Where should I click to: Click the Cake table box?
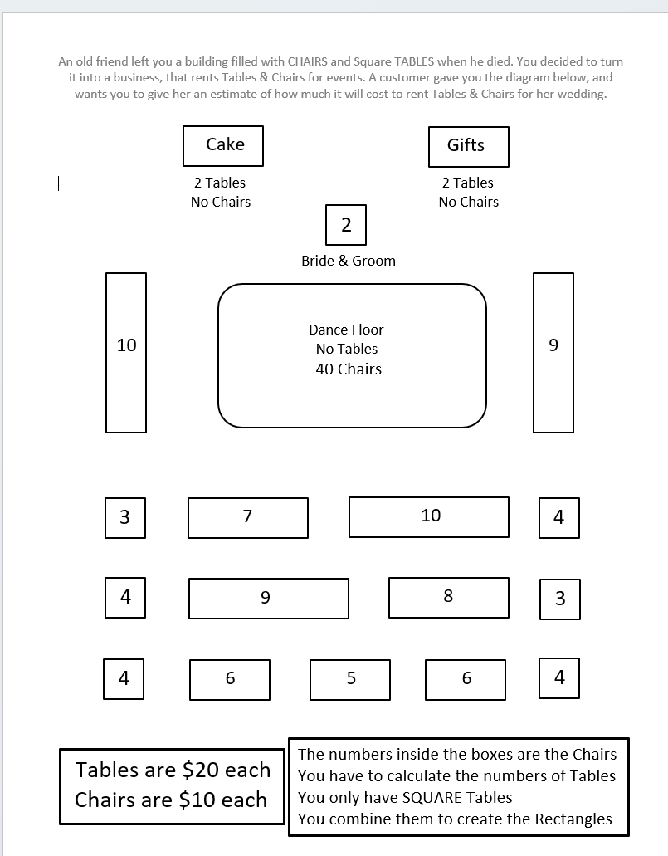pos(223,146)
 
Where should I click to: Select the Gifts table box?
pos(468,146)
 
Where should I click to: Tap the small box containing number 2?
pos(345,224)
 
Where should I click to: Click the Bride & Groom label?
pos(349,261)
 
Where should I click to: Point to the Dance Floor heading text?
pos(346,330)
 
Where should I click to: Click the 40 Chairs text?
pos(348,369)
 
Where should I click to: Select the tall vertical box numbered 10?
pos(126,352)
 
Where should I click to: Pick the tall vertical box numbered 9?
pos(553,352)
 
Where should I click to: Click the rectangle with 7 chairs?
pos(248,517)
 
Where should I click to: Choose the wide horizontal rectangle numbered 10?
pos(429,516)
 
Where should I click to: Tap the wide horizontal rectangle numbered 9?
pos(269,598)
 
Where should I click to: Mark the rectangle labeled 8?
pos(449,597)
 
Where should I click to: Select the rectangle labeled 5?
pos(350,679)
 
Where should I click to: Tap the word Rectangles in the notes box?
pos(573,819)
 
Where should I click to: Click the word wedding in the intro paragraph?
pos(581,94)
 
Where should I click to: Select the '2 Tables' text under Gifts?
pos(468,183)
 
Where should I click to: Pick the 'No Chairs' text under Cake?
pos(221,202)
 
